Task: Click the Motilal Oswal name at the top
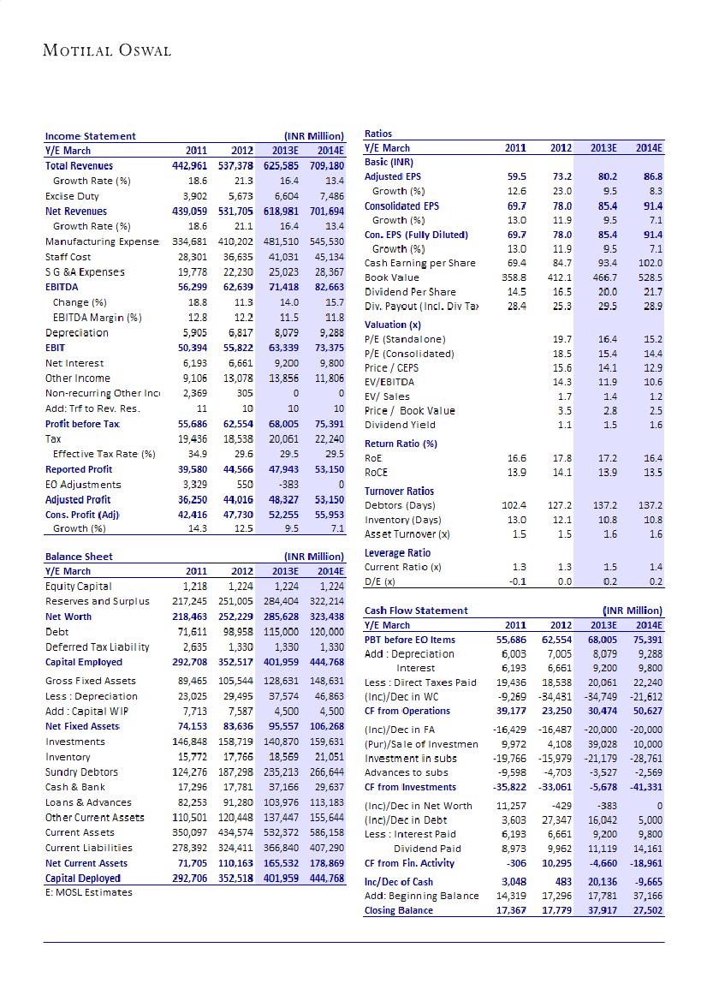pyautogui.click(x=107, y=51)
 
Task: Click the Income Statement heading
pyautogui.click(x=90, y=135)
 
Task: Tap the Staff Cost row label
pyautogui.click(x=68, y=257)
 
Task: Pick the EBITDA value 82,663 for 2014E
pyautogui.click(x=326, y=287)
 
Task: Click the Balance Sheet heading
pyautogui.click(x=79, y=557)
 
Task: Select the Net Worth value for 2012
pyautogui.click(x=230, y=617)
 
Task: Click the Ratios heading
pyautogui.click(x=378, y=134)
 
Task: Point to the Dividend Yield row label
pyautogui.click(x=400, y=425)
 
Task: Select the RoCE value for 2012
pyautogui.click(x=561, y=473)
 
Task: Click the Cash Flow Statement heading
pyautogui.click(x=416, y=611)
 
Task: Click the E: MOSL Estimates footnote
pyautogui.click(x=89, y=892)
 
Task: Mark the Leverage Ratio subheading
pyautogui.click(x=398, y=553)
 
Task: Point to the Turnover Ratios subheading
pyautogui.click(x=399, y=492)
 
